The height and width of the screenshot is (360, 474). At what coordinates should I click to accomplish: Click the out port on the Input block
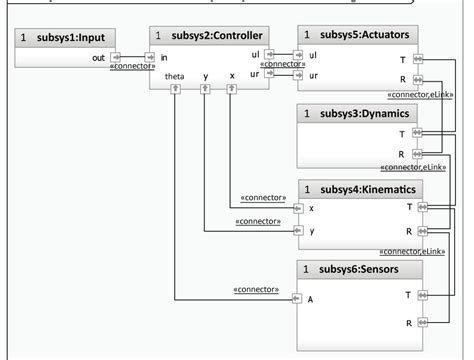point(117,58)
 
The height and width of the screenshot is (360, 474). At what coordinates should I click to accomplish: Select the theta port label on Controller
point(175,75)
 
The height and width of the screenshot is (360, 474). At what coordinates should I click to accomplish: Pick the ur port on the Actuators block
point(298,76)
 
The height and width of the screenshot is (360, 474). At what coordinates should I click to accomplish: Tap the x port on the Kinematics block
point(297,208)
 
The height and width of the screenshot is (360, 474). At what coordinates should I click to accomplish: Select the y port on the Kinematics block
point(297,231)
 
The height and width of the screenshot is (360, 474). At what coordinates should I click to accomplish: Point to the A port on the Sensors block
point(297,298)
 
